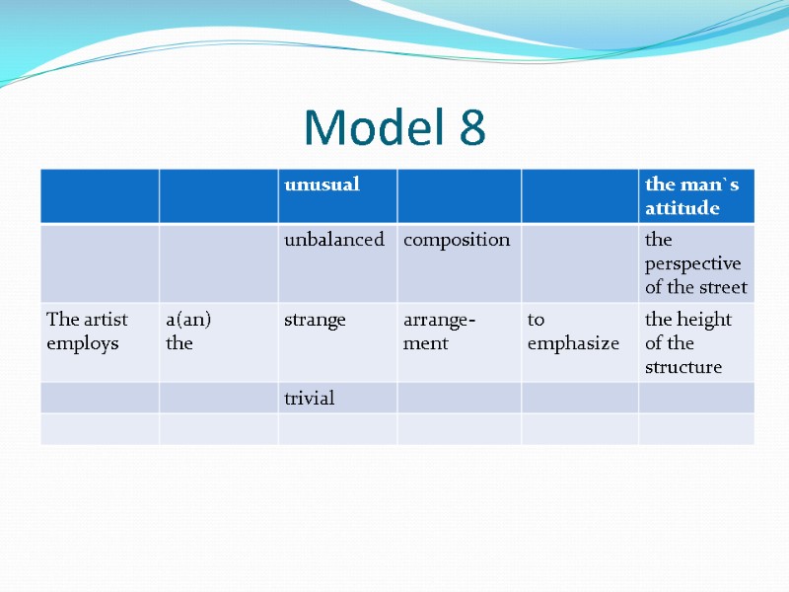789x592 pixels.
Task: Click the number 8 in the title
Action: coord(471,127)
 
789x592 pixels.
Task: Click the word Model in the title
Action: coord(374,127)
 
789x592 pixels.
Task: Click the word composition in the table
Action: coord(457,240)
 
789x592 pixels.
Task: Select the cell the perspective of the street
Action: coord(695,263)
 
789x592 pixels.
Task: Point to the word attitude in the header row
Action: coord(681,208)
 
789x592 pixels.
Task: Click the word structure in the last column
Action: coord(683,367)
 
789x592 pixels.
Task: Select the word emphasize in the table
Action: coord(573,344)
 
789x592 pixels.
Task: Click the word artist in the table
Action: coord(105,320)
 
